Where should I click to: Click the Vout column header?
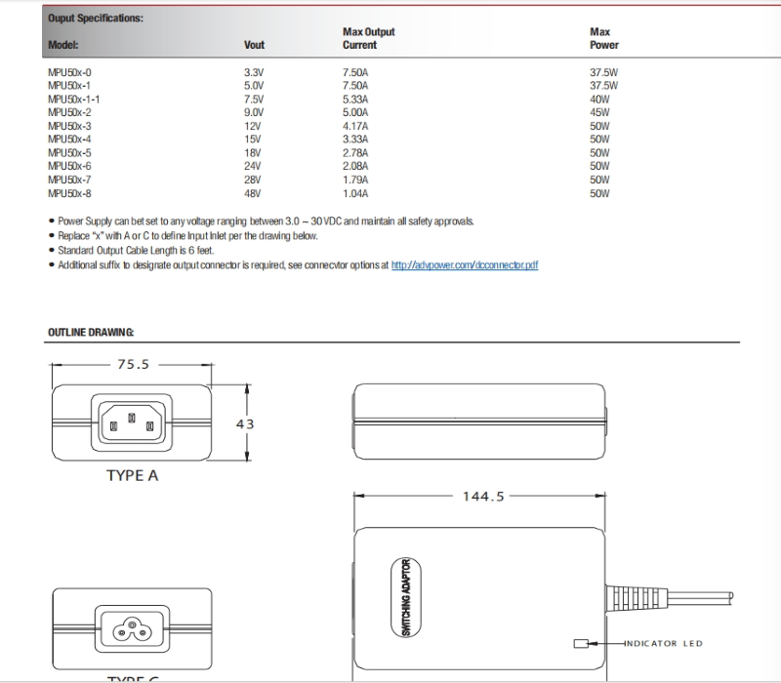pyautogui.click(x=254, y=45)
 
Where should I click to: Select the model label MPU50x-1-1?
pyautogui.click(x=73, y=99)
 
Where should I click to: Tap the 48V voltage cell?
pyautogui.click(x=253, y=193)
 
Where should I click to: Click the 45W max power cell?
pyautogui.click(x=599, y=112)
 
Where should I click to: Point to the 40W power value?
pyautogui.click(x=599, y=99)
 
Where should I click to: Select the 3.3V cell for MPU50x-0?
pyautogui.click(x=253, y=72)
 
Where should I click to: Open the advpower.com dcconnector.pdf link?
pyautogui.click(x=465, y=264)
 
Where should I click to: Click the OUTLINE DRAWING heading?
pyautogui.click(x=91, y=333)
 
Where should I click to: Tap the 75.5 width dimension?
pyautogui.click(x=133, y=364)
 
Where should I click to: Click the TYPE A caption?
pyautogui.click(x=132, y=476)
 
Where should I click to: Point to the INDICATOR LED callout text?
pyautogui.click(x=664, y=643)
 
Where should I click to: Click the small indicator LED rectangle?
pyautogui.click(x=582, y=643)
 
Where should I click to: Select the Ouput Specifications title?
pyautogui.click(x=95, y=18)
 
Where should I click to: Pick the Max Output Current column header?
pyautogui.click(x=368, y=38)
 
